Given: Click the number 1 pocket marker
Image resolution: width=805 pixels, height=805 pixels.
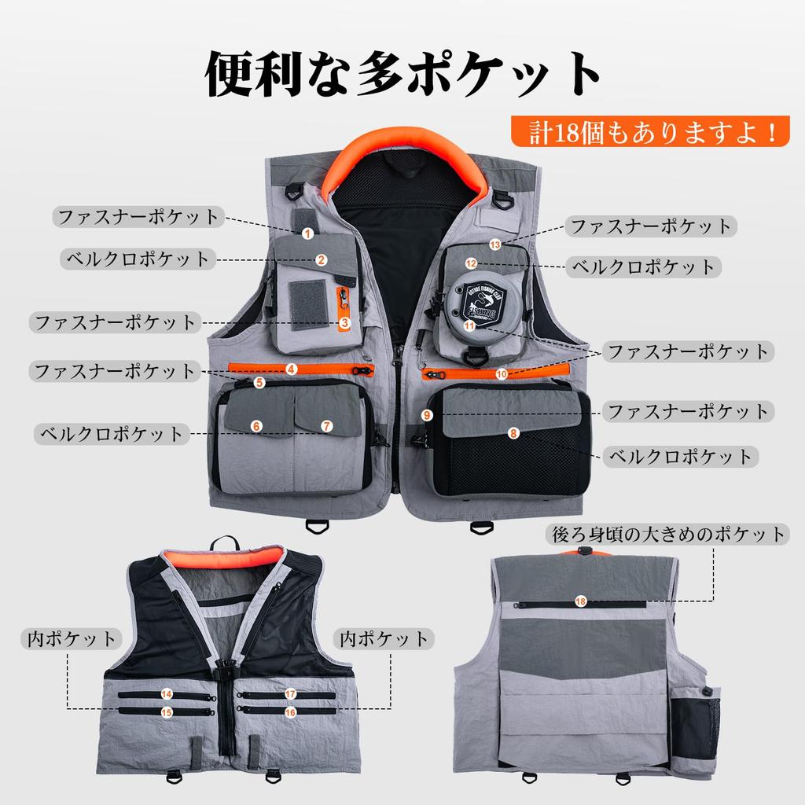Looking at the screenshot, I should click(307, 233).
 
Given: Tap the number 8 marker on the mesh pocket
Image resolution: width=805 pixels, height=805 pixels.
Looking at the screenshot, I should click(513, 432).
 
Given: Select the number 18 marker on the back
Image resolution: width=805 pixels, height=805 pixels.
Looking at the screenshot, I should click(580, 601).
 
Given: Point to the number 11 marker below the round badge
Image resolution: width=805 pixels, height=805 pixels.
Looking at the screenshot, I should click(469, 325).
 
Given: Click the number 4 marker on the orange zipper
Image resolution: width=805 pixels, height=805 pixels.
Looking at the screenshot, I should click(291, 368).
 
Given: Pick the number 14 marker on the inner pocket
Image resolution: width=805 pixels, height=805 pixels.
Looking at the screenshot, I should click(167, 694).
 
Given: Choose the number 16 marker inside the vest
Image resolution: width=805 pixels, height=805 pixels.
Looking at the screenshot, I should click(290, 711).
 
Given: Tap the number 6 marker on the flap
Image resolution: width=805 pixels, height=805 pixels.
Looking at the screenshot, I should click(256, 425).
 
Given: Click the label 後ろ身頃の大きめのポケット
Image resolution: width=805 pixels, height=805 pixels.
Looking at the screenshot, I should click(667, 535).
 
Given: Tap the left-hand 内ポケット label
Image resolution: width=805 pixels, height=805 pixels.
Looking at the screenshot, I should click(71, 638).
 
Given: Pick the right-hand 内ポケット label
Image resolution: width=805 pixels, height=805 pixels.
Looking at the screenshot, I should click(385, 638).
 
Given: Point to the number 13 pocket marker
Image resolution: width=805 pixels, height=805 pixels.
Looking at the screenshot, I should click(494, 244).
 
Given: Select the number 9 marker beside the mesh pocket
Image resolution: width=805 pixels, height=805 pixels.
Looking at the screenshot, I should click(427, 414).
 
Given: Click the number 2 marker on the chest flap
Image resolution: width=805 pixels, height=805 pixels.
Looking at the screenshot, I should click(322, 259).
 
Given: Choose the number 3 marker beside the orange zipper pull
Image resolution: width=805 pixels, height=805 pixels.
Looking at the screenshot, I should click(344, 322).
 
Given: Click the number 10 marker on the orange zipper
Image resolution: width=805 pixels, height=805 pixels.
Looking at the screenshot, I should click(502, 374).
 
